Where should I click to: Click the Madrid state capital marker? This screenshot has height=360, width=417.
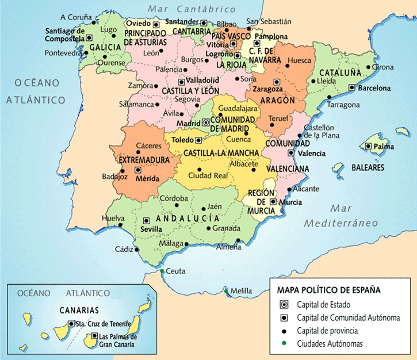tap(206, 122)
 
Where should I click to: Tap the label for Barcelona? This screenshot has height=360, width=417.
tap(374, 89)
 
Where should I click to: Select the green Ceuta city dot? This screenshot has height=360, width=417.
tap(163, 271)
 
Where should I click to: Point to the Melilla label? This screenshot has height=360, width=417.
tap(240, 292)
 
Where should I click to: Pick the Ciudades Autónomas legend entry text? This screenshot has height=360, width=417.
tap(330, 344)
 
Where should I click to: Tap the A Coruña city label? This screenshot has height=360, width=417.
tap(76, 17)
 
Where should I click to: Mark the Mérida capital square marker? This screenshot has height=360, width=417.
tap(137, 170)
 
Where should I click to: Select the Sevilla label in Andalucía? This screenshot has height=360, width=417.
tap(152, 229)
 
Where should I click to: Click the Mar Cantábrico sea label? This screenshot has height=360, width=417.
tap(192, 9)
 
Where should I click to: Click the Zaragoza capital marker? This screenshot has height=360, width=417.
tap(277, 82)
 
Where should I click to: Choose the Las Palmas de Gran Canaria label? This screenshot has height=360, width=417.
tap(117, 340)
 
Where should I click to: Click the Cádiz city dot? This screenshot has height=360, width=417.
tap(137, 250)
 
